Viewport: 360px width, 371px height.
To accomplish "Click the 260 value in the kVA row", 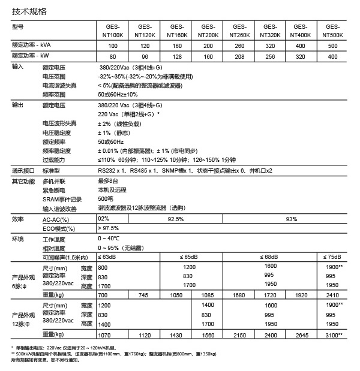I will [239, 46].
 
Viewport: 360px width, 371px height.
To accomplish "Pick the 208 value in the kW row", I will [239, 56].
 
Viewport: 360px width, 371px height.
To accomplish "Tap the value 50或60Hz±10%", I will [118, 94].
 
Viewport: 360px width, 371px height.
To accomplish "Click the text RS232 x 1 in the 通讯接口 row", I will [113, 170].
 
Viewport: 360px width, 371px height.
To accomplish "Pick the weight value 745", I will [143, 295].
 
